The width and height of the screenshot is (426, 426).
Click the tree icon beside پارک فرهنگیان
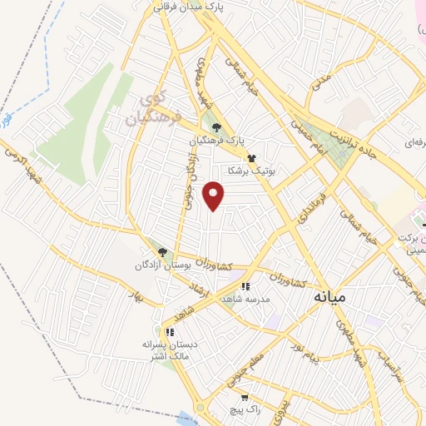(216, 127)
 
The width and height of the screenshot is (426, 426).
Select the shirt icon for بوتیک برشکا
(250, 156)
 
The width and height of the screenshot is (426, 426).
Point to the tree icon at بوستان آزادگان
(162, 252)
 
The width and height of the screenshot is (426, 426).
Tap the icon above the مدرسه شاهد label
(245, 287)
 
